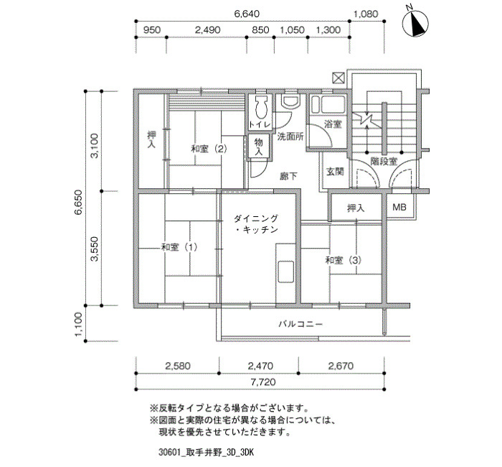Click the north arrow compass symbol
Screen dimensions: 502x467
click(415, 23)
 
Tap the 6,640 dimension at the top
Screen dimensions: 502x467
click(247, 14)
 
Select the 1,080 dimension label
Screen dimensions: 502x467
click(365, 14)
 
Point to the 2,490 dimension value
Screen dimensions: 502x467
click(208, 30)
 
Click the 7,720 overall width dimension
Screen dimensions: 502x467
click(263, 382)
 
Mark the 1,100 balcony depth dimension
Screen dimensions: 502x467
click(79, 325)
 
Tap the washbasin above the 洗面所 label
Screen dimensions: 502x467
click(290, 101)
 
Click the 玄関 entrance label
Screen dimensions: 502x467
click(335, 172)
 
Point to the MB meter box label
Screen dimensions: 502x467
click(399, 207)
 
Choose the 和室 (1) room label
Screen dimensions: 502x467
click(179, 247)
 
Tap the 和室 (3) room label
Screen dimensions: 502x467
click(344, 260)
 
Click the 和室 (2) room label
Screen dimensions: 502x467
click(209, 149)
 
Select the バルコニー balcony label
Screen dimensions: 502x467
click(300, 324)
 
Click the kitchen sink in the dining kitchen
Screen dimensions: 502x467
click(285, 272)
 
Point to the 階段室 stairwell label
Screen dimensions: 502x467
click(384, 162)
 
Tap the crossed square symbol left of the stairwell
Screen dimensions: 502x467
click(338, 78)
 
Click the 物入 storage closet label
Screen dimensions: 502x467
click(258, 147)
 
